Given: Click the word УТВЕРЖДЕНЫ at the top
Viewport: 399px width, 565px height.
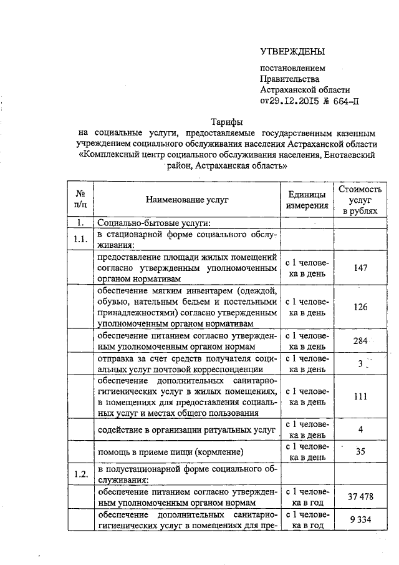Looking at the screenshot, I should tap(292, 51).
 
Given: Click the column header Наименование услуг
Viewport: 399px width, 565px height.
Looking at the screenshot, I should tap(187, 199).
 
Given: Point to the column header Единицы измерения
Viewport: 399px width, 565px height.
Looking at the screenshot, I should tap(307, 199).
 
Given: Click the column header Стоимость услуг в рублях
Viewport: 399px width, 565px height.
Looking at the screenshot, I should tap(359, 199).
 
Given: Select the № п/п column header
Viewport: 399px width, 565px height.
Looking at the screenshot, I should tap(80, 199).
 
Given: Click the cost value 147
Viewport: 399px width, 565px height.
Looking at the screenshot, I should tap(359, 267).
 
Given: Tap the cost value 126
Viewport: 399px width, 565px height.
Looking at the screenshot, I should tap(359, 307).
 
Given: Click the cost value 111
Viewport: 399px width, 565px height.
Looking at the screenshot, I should tap(359, 396).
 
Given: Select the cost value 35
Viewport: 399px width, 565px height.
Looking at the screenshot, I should tap(360, 452).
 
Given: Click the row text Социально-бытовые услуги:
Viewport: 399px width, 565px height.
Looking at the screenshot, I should tap(153, 223).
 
